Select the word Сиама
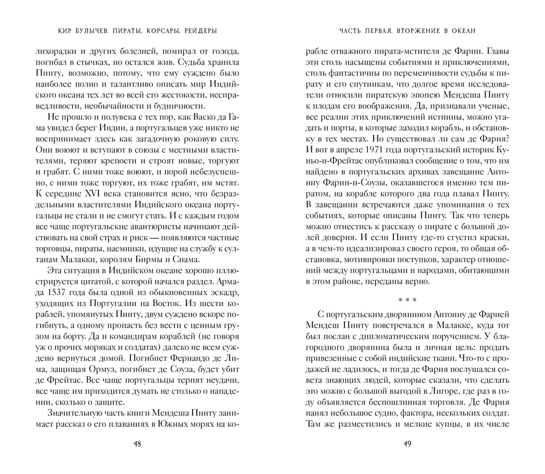click(188, 259)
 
